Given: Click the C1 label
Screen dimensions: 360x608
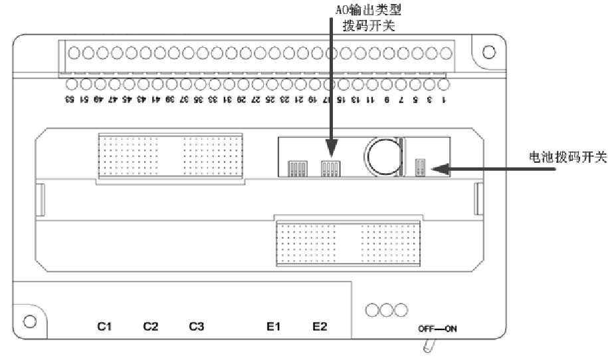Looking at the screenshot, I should coord(104,326).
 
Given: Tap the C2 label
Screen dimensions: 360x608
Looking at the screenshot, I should coord(151,326).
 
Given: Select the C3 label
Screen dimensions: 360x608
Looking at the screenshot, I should coord(196,326).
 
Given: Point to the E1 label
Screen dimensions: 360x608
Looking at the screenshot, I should coord(274,326).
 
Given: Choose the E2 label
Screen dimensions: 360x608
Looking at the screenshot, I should coord(320,326).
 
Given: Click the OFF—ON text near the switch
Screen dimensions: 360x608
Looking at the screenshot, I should coord(437,329).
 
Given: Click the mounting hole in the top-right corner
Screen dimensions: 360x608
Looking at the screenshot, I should coord(488,52).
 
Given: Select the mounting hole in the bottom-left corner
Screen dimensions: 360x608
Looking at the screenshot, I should coord(29,321).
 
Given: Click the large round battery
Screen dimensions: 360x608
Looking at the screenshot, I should coord(381,157).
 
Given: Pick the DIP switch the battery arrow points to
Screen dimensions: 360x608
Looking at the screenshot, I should coord(419,167).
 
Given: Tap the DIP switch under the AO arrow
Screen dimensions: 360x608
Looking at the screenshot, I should coord(330,167).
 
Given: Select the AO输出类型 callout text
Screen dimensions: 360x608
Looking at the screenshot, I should coord(371,10).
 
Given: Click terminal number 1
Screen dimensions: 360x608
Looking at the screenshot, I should coord(444,99).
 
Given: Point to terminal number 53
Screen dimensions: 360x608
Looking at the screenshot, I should coord(69,99).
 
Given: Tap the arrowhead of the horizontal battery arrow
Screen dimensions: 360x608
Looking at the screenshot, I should coord(435,169).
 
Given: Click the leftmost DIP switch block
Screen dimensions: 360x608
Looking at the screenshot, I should coord(296,167).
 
